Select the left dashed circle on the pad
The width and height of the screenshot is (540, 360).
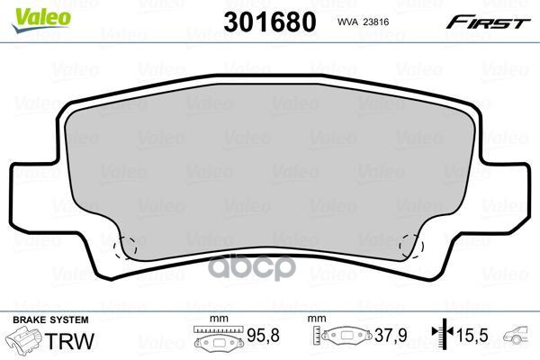[125, 244]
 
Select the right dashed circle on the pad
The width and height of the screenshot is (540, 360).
[414, 244]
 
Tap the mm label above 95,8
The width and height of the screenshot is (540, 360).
[214, 320]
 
